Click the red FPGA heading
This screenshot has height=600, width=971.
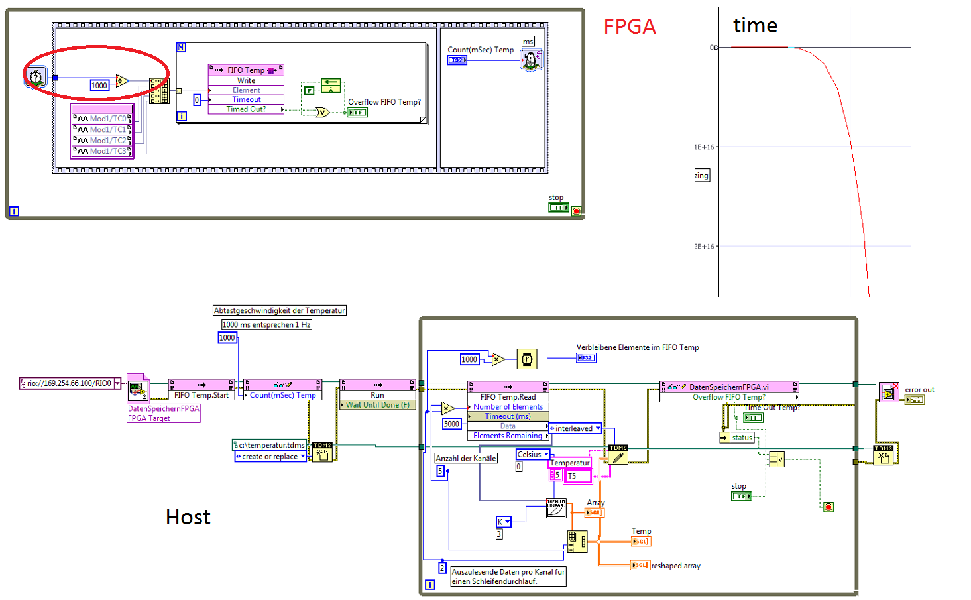tap(629, 27)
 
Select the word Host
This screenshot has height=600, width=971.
tap(188, 517)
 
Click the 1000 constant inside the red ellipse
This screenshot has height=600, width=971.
tap(99, 86)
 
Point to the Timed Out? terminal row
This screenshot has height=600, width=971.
tap(246, 109)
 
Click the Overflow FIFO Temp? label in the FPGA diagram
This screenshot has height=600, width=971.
tap(384, 102)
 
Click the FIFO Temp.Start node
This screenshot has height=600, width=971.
tap(201, 395)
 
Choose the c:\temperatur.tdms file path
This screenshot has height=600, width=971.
tap(270, 445)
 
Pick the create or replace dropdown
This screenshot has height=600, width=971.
tap(270, 457)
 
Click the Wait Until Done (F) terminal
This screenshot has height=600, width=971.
tap(377, 405)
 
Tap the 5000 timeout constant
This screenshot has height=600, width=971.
tap(451, 424)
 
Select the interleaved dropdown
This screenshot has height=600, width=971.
tap(575, 428)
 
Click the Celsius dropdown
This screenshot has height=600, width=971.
tap(532, 455)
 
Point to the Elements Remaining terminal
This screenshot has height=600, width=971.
tap(508, 436)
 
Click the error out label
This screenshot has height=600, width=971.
tap(919, 390)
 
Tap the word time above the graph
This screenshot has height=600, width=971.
tap(755, 26)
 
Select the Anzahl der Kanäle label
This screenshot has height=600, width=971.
tap(465, 458)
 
